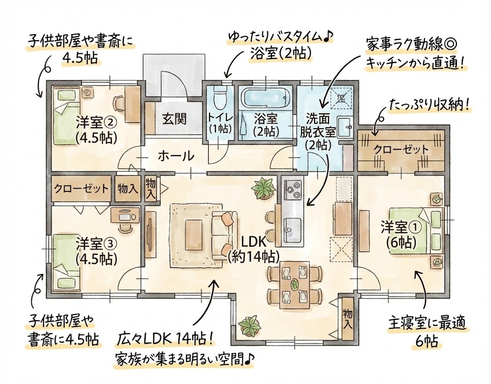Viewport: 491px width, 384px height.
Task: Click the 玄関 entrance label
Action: pyautogui.click(x=174, y=119)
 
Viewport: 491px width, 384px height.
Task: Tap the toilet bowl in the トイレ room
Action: pyautogui.click(x=220, y=96)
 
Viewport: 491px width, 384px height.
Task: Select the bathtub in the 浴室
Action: pyautogui.click(x=266, y=97)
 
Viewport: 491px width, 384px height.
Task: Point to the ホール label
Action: pyautogui.click(x=175, y=156)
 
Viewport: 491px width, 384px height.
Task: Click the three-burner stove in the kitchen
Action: pyautogui.click(x=292, y=190)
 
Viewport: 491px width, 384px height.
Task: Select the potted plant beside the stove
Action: pyautogui.click(x=264, y=188)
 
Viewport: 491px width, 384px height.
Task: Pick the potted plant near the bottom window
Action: pyautogui.click(x=250, y=325)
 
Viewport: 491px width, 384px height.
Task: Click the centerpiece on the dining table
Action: pyautogui.click(x=294, y=284)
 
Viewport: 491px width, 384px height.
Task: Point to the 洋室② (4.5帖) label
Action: pyautogui.click(x=96, y=130)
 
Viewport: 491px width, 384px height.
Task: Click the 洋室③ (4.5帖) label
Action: pyautogui.click(x=96, y=251)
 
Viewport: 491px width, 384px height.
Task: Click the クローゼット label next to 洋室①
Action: pyautogui.click(x=401, y=150)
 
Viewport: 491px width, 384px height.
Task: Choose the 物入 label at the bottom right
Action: pyautogui.click(x=347, y=319)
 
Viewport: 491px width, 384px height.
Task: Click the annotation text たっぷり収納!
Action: pyautogui.click(x=429, y=107)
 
